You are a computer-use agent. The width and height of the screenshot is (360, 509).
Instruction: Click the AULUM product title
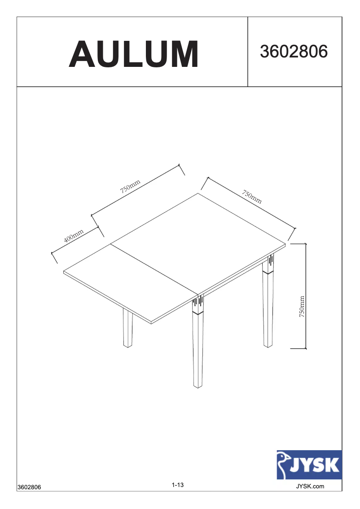click(133, 54)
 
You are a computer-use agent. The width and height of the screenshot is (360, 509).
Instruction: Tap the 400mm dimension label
click(74, 236)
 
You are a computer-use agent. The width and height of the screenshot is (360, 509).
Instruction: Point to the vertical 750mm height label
click(302, 306)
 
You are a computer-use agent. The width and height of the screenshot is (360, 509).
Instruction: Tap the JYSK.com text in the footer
click(310, 486)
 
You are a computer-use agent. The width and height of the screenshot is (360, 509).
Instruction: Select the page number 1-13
click(178, 485)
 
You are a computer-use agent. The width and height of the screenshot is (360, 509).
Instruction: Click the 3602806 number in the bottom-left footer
click(29, 487)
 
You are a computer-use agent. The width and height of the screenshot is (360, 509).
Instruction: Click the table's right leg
click(268, 310)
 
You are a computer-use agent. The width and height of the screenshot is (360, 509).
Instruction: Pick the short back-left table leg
click(128, 330)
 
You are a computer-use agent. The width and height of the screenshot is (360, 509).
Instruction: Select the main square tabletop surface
click(200, 242)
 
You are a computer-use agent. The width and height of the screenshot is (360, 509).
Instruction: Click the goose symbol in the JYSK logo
click(283, 465)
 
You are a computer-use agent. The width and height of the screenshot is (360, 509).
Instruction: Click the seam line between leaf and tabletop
click(155, 269)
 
